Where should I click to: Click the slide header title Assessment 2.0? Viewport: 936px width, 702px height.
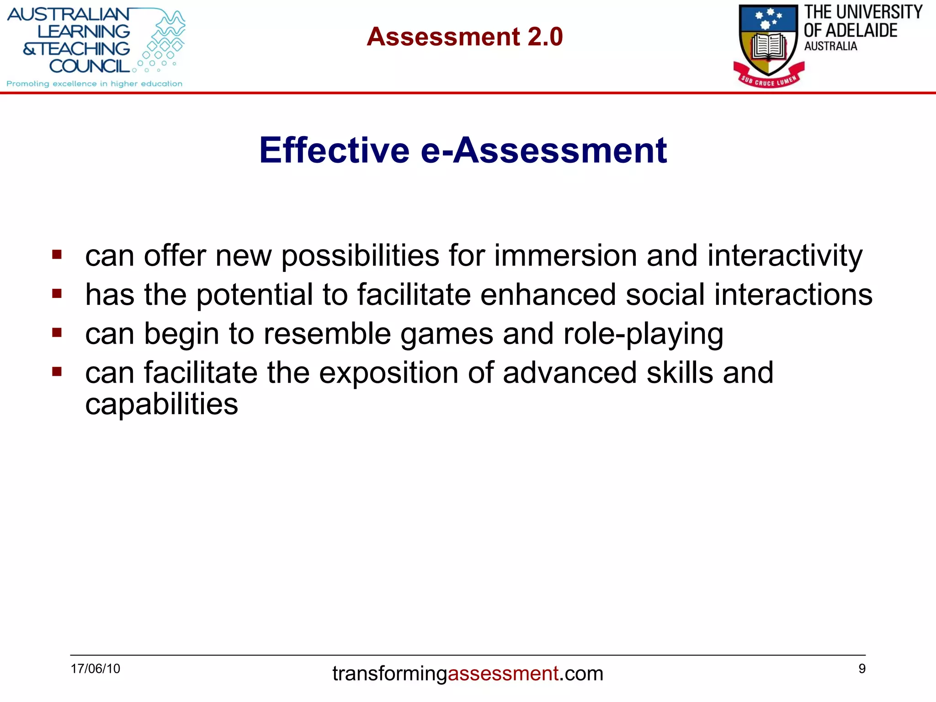[x=464, y=37]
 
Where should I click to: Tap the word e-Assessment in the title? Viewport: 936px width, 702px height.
[x=543, y=150]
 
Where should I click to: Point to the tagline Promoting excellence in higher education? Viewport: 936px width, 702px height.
[x=94, y=84]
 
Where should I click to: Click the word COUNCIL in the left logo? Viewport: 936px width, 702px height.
[x=90, y=66]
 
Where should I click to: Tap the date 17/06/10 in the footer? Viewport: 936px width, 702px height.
[x=95, y=669]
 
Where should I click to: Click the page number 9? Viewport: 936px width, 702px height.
[x=862, y=669]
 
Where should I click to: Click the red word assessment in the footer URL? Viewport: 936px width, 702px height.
[x=503, y=674]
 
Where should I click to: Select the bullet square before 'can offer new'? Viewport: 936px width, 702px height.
[x=57, y=254]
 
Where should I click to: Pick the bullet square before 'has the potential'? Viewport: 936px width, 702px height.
[x=57, y=293]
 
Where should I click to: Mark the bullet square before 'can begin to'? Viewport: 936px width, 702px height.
[x=57, y=332]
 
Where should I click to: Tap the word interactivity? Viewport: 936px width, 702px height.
[x=785, y=256]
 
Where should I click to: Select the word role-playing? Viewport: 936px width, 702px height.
[x=643, y=335]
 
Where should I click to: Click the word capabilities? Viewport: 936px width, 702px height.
[x=161, y=405]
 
